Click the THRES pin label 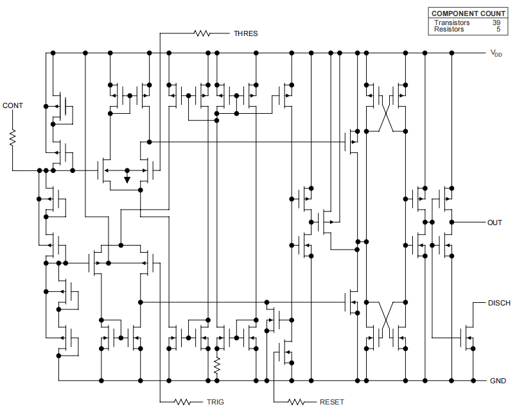click(x=246, y=33)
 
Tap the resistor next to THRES click(x=204, y=33)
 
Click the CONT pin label click(x=12, y=105)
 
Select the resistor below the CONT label click(x=12, y=137)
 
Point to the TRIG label click(x=215, y=402)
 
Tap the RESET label click(x=331, y=402)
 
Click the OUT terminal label click(x=495, y=223)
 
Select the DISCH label click(x=499, y=303)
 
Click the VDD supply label click(x=496, y=54)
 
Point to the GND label click(x=498, y=381)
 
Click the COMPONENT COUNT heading click(x=468, y=14)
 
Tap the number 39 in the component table click(x=496, y=23)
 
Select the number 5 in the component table click(x=498, y=30)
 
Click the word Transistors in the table click(x=451, y=23)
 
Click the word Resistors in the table click(x=449, y=30)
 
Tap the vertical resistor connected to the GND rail click(x=217, y=367)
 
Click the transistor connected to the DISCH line click(x=468, y=336)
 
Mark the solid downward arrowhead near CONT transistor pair click(x=127, y=179)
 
